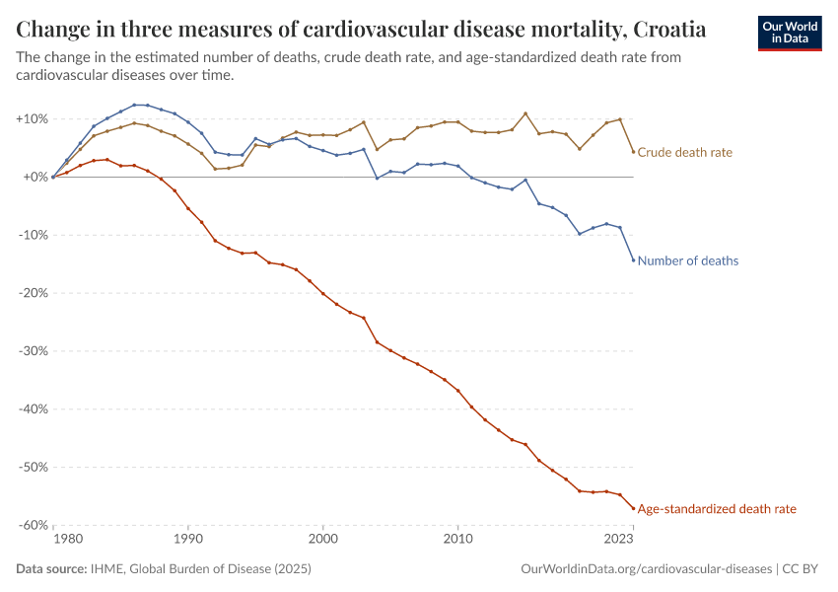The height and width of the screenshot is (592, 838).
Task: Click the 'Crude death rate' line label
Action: pos(684,152)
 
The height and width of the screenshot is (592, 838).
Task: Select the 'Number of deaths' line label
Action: pos(688,261)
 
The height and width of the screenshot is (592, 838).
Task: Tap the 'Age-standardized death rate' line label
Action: pos(717,509)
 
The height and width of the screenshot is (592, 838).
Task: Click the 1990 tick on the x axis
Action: pos(187,540)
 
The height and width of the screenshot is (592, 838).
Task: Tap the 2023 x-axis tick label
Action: pos(618,540)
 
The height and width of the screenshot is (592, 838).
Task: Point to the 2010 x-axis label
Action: pos(457,540)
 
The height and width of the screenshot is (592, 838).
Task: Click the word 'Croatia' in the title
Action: pos(665,27)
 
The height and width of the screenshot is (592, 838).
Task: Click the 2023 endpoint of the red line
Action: pos(633,508)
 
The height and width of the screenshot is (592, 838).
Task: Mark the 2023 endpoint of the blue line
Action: pos(633,260)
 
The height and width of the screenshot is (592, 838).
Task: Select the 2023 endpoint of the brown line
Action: pos(633,151)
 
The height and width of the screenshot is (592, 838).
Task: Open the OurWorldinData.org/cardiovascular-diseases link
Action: pos(646,569)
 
